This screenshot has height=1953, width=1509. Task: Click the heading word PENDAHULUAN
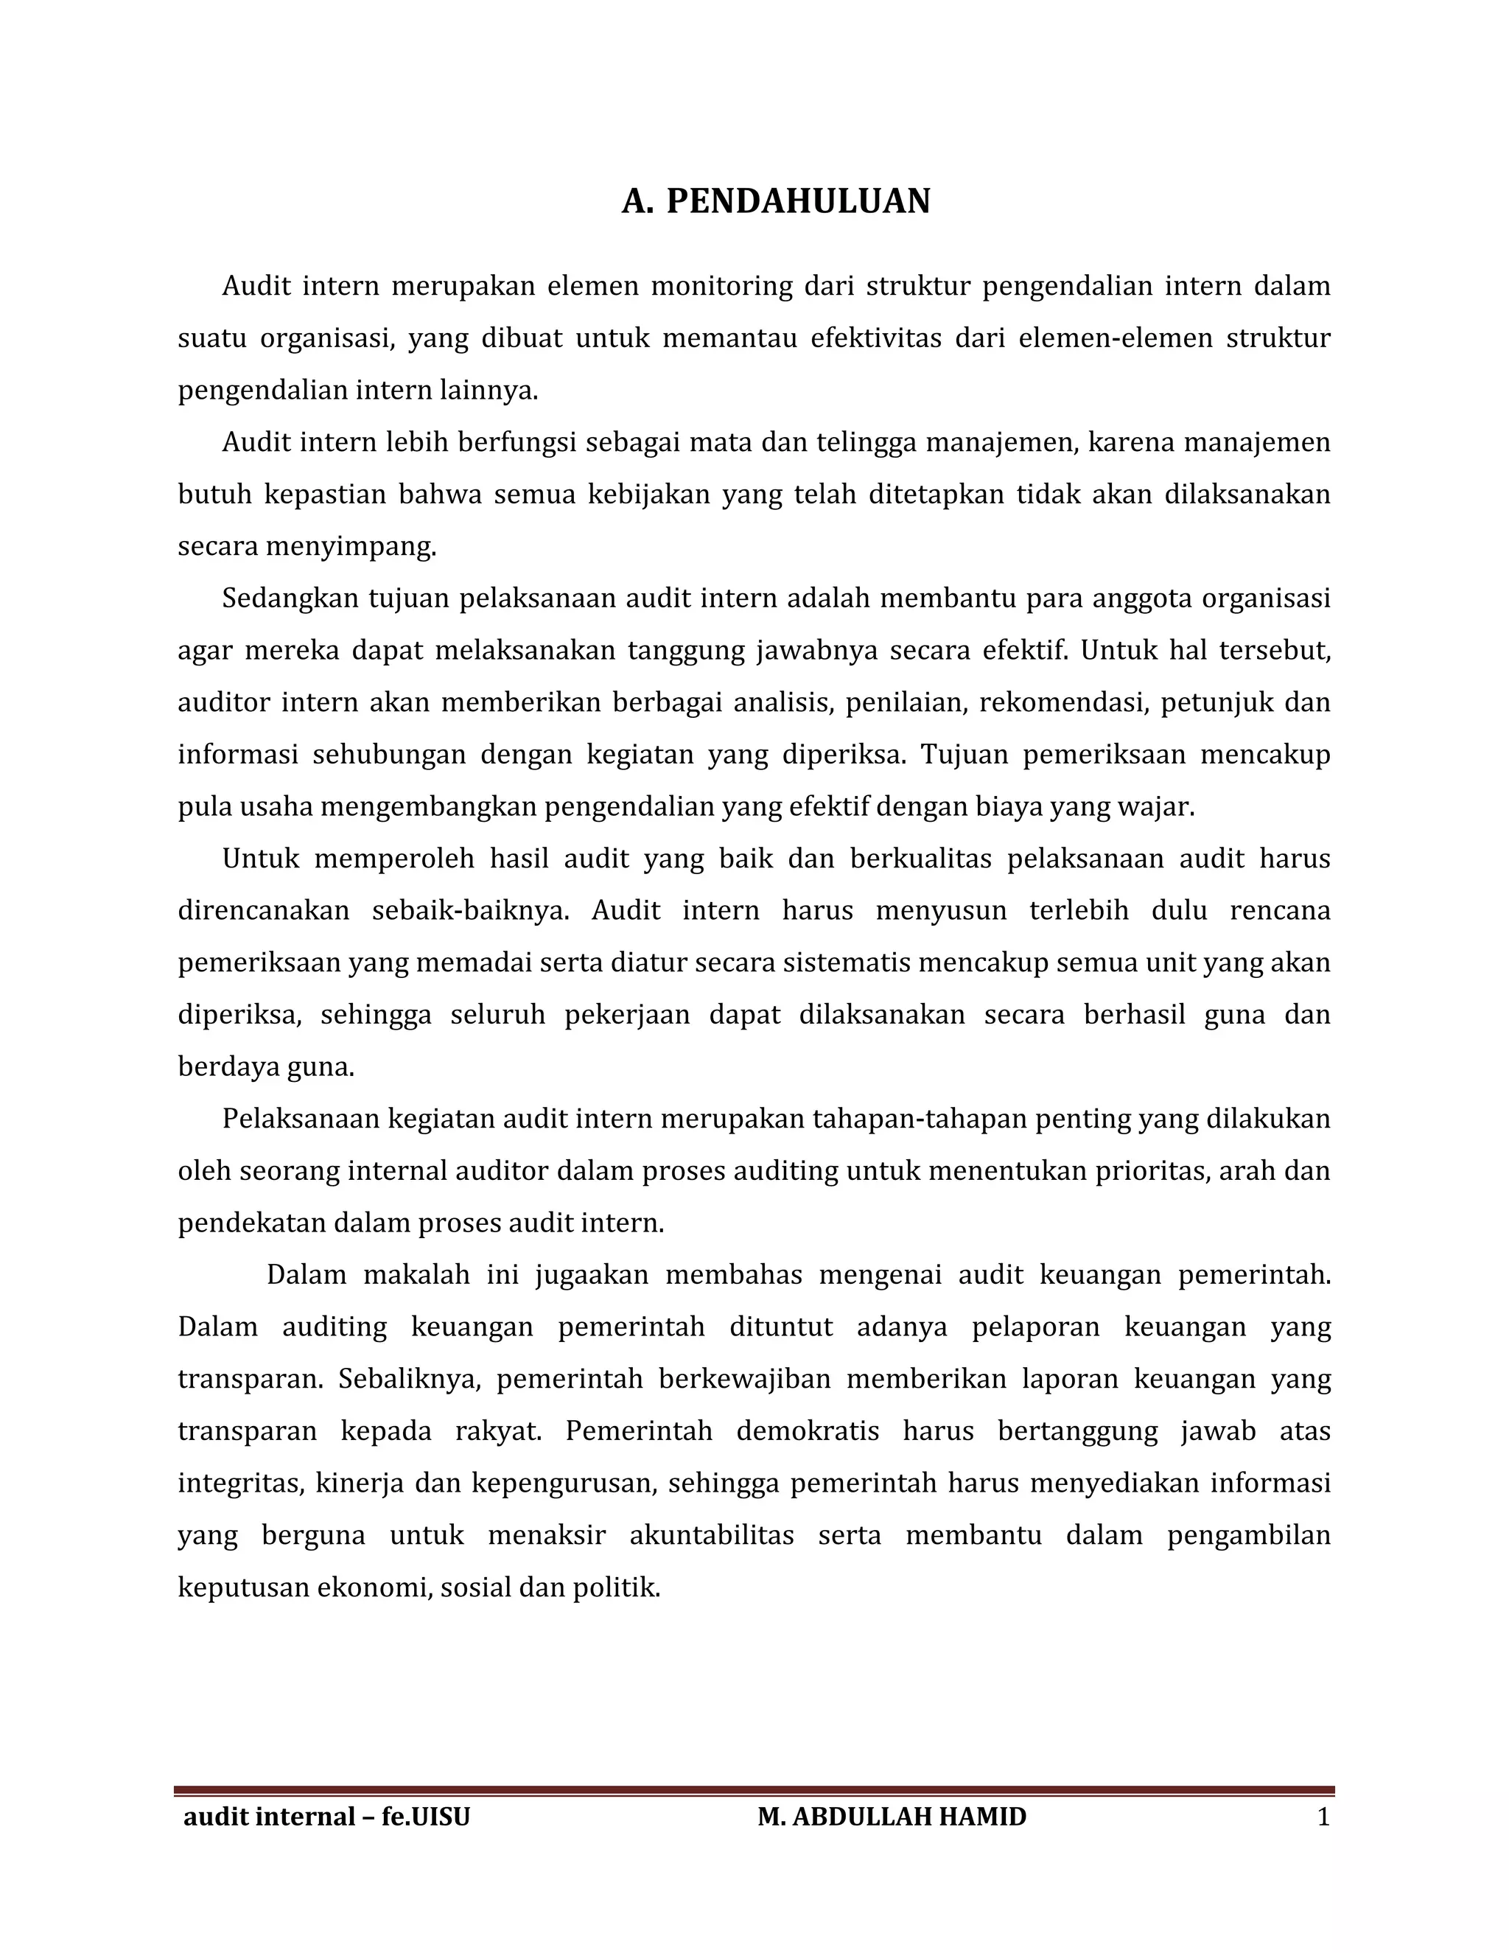798,202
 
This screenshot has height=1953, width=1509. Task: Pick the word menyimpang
351,546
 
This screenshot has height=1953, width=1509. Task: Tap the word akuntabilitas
712,1534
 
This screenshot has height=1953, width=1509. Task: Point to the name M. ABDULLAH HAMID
892,1817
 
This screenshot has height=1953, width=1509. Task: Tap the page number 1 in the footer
1324,1817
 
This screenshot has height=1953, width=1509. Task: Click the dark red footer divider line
754,1790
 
